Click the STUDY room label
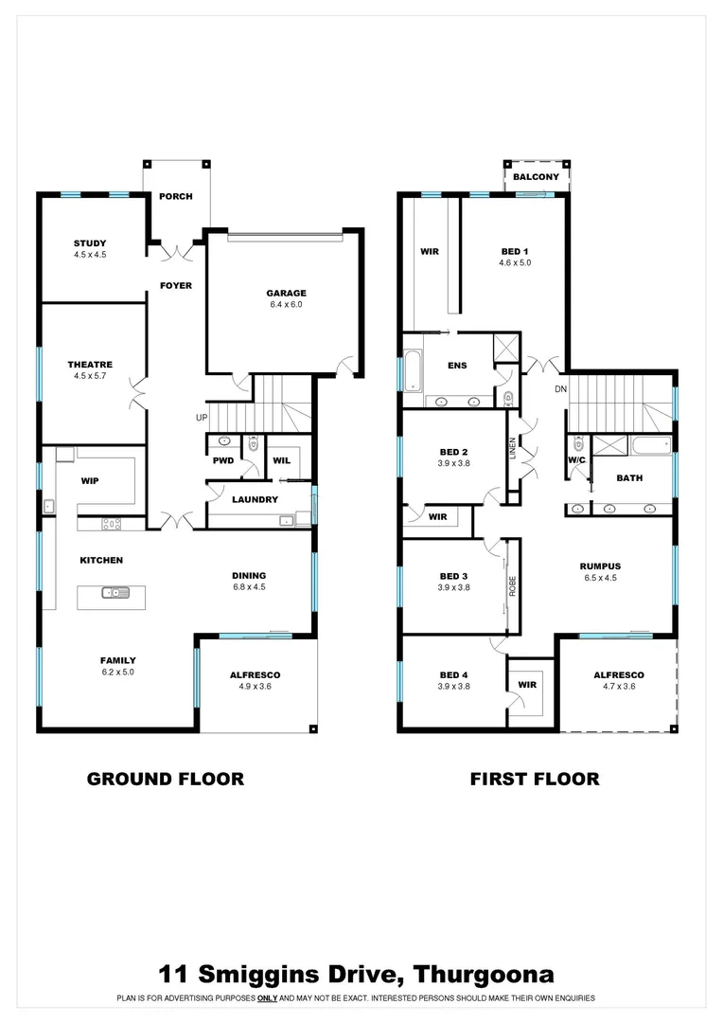[90, 243]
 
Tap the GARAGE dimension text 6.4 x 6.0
[286, 305]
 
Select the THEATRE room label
[90, 365]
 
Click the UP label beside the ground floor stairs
[201, 418]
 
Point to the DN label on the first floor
[560, 389]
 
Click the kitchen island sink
[118, 594]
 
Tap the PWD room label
[222, 460]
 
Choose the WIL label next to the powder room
[281, 460]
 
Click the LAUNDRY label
[256, 499]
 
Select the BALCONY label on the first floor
[536, 177]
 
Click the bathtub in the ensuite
[414, 370]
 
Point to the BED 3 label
[453, 576]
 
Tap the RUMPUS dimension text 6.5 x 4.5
[600, 578]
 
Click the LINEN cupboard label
[513, 447]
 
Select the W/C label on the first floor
[577, 460]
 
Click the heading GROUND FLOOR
[165, 779]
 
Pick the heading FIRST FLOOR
[535, 779]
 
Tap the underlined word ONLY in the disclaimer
[270, 998]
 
